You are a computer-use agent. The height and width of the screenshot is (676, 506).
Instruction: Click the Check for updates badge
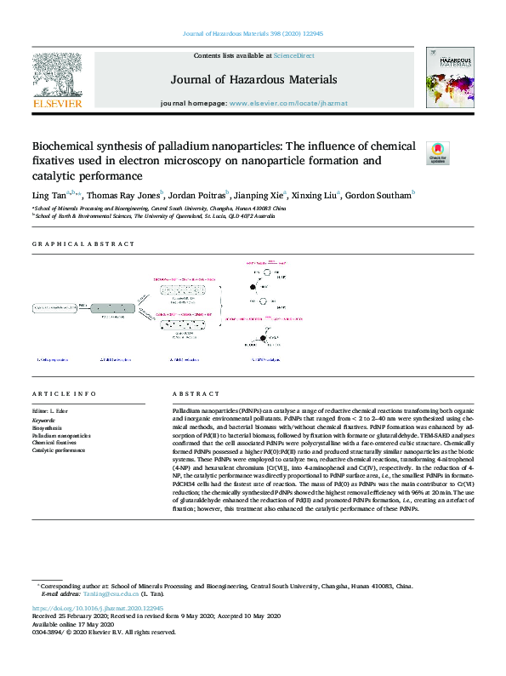click(x=437, y=152)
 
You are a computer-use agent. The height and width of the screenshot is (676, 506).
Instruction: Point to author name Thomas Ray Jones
click(x=127, y=196)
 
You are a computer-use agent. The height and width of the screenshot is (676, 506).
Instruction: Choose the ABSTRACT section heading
click(x=196, y=394)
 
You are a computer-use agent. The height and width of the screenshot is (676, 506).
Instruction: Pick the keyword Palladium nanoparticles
click(x=61, y=436)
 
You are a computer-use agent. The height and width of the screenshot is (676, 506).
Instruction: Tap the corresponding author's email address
click(x=110, y=595)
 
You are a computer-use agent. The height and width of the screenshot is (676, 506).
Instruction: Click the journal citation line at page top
click(x=253, y=34)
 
